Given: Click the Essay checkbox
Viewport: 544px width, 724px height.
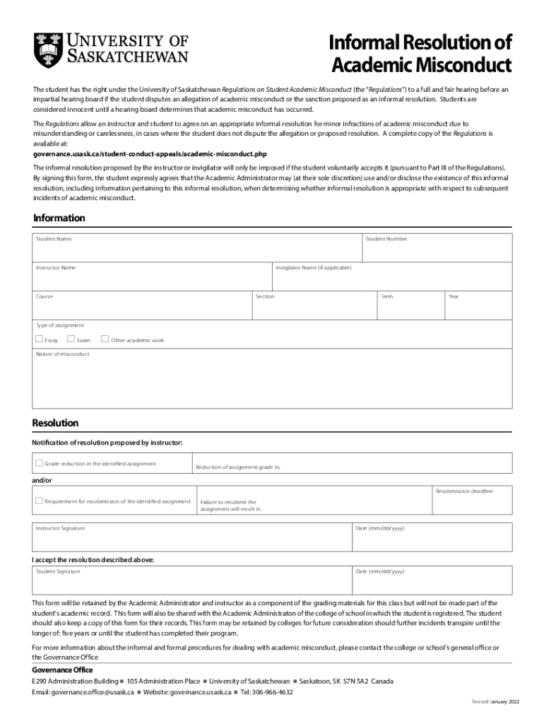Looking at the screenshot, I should (x=39, y=339).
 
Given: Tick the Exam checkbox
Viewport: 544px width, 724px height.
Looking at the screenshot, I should (x=71, y=339).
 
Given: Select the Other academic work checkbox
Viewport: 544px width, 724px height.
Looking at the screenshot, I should (x=105, y=339).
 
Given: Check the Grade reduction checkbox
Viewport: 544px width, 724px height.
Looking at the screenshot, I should (x=39, y=464).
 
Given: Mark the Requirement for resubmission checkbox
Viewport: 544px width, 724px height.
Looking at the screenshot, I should (x=39, y=501).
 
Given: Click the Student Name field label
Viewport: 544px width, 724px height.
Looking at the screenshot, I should (x=54, y=239).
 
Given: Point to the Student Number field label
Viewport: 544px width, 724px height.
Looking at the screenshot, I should (x=386, y=239).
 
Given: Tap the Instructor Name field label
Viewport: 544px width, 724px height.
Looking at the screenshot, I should (x=56, y=268).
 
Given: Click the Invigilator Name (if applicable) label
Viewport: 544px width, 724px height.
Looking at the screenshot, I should (x=313, y=268).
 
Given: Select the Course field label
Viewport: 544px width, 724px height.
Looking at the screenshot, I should (x=45, y=296).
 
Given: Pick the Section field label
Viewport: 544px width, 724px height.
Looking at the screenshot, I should (x=265, y=296).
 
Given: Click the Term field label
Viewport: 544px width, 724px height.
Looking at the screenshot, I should (x=386, y=296).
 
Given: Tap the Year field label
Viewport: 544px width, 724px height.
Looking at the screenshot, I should (x=453, y=296).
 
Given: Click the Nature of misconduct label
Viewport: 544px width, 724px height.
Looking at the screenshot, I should (x=63, y=354).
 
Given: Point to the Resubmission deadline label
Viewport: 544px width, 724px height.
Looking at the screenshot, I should (x=464, y=491).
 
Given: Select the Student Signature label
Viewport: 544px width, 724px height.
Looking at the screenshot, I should (x=58, y=571).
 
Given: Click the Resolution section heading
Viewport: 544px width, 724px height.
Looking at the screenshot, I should (x=55, y=423).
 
